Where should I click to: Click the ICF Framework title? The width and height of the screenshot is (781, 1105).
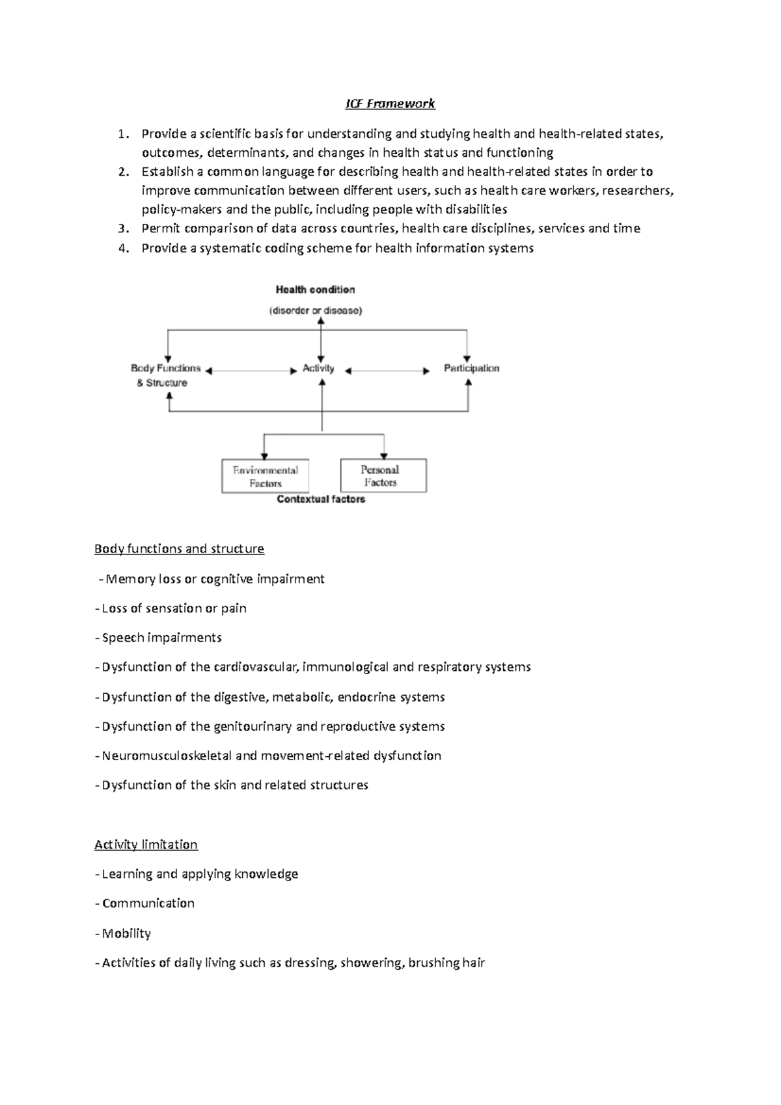click(390, 103)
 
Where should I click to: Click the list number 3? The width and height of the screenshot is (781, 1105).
click(123, 228)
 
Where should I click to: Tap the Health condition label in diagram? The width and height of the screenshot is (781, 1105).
click(315, 290)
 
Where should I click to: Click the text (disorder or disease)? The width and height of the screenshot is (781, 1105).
click(316, 310)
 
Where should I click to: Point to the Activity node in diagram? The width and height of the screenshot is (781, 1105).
click(318, 368)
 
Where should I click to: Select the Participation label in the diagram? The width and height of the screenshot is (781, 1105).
click(471, 368)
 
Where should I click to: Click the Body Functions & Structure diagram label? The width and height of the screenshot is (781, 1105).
click(165, 375)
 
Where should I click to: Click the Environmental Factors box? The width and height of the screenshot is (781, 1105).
click(265, 476)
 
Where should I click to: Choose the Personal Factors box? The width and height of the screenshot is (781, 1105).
click(383, 476)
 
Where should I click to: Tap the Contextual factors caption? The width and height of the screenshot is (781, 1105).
click(321, 499)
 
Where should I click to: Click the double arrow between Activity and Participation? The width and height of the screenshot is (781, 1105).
click(387, 371)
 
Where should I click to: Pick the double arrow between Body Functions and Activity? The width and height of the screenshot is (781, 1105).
click(251, 371)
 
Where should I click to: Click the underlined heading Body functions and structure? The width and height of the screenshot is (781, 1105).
click(179, 549)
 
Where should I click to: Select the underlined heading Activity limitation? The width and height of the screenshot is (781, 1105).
click(146, 845)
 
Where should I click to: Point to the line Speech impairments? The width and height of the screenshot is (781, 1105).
click(161, 638)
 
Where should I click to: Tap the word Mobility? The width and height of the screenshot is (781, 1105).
click(127, 933)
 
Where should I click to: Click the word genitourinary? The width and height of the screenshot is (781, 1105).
click(253, 726)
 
